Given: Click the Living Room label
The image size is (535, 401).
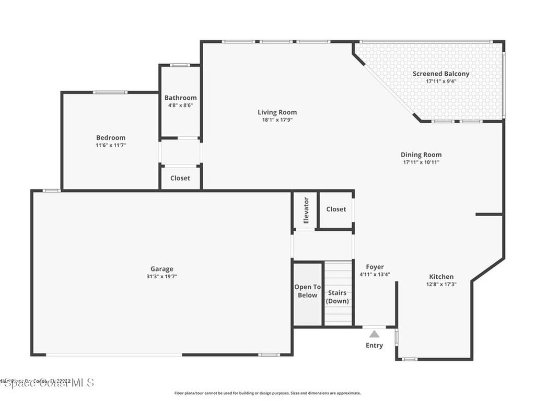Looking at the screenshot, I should coord(277,112).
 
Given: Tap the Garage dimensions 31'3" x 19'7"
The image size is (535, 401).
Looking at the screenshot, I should coord(161,277).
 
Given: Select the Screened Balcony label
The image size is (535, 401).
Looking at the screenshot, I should coord(441,74).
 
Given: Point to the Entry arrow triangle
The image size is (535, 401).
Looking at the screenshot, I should coord(375,334).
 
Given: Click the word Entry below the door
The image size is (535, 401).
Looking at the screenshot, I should coord(374,345).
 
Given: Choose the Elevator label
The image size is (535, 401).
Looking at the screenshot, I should coord(306,210).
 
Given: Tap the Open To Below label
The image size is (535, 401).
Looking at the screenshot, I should coord(307,291).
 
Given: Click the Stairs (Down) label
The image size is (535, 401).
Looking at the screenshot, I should coord(338,297).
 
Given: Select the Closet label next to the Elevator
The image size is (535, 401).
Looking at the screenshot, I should coord(336,209).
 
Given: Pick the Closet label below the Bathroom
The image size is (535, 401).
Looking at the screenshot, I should coord(180,178).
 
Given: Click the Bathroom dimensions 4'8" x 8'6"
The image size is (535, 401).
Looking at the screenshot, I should coord(180,105).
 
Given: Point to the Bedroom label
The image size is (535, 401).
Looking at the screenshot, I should coord(111,138).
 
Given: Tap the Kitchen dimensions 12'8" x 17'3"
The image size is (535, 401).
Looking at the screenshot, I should coord(441,284).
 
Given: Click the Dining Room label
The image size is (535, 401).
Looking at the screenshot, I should coord(421,155).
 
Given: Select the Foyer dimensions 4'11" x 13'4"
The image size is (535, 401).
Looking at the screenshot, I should coord(375,274).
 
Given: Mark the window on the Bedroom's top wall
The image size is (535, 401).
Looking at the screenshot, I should coord(110,92).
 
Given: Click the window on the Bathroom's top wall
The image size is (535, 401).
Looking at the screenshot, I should coord(180,65).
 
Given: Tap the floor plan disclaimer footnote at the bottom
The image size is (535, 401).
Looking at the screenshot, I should coord(267,393).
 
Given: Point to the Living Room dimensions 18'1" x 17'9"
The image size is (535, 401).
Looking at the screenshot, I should coord(277,120).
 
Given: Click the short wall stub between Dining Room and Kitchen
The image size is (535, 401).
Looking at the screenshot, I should coord(489,214).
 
